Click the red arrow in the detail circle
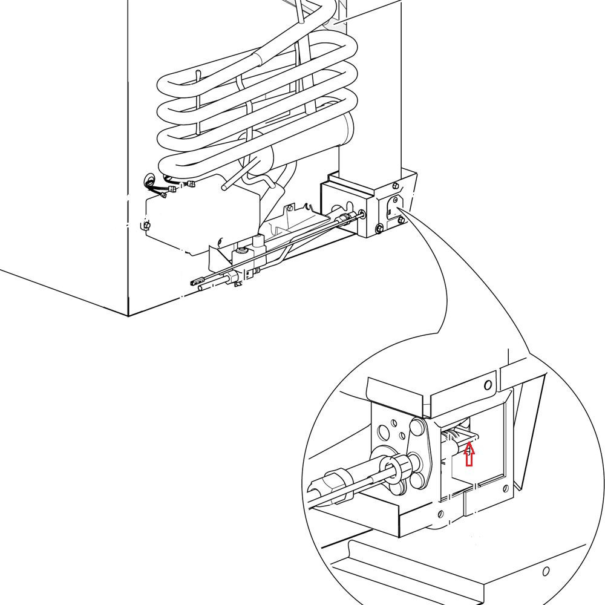click(x=469, y=454)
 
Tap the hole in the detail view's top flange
click(x=488, y=385)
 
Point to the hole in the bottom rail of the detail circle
click(x=546, y=571)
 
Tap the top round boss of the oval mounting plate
click(x=417, y=427)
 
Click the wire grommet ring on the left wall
click(x=149, y=180)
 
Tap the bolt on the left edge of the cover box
click(x=145, y=226)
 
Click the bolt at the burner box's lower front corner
click(x=379, y=228)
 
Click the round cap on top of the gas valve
click(x=242, y=249)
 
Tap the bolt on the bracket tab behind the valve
click(x=291, y=207)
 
